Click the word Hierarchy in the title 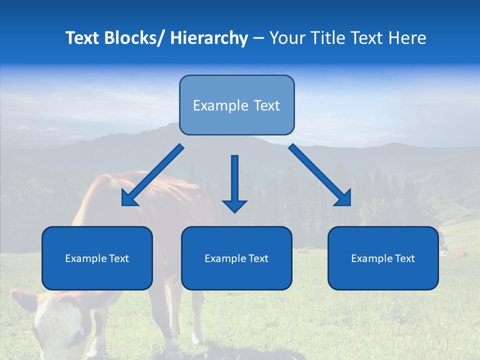(209, 38)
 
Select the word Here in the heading (407, 38)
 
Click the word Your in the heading (286, 38)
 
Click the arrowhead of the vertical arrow (234, 205)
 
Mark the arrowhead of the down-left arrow (128, 198)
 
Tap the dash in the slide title (259, 38)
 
